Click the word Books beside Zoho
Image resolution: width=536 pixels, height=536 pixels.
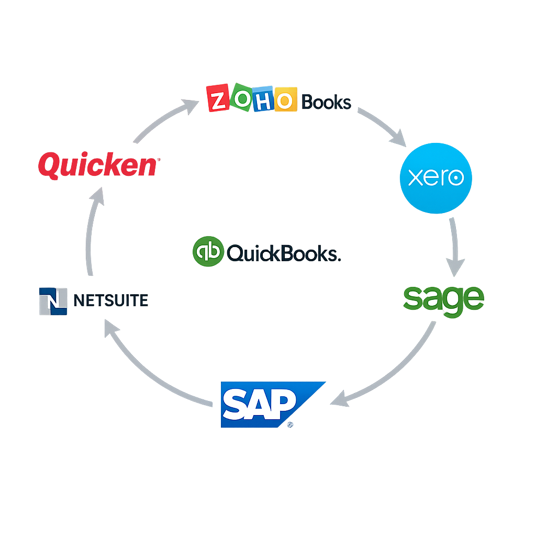point(327,102)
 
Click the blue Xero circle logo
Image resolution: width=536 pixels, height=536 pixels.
point(435,178)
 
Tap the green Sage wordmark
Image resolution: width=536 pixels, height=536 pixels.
point(444,299)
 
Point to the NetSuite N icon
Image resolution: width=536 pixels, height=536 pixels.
point(53,301)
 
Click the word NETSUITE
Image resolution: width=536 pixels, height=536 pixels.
point(111,300)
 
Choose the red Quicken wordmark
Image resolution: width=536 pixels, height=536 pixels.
point(98,166)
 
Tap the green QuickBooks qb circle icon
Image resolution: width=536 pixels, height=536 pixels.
point(208,251)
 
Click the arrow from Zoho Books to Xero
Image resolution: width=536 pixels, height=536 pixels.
point(381,126)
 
